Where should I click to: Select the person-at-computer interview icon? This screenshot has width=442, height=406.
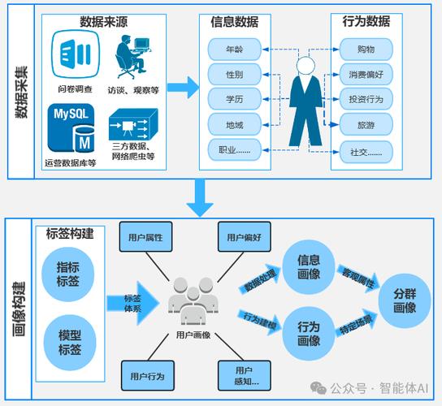(x=132, y=58)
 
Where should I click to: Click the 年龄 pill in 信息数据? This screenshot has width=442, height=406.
(x=234, y=50)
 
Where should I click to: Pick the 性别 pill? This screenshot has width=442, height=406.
(x=234, y=75)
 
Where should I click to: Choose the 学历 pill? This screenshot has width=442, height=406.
(x=234, y=100)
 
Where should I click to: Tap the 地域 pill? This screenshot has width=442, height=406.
(x=234, y=125)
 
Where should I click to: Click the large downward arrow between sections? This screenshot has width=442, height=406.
(x=197, y=195)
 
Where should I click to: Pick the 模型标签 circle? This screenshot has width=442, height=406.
(x=69, y=342)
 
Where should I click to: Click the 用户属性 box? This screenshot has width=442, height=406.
(x=145, y=238)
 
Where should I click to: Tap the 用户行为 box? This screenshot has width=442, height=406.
(x=146, y=376)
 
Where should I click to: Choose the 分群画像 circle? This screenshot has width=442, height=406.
(x=404, y=300)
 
